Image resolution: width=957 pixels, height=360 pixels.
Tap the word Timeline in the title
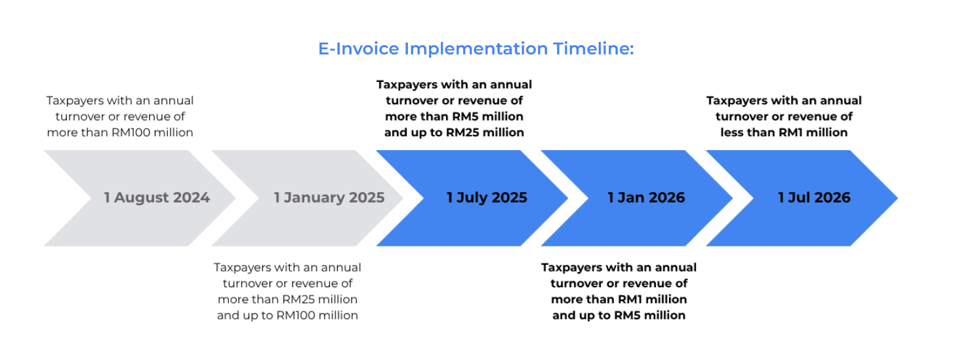[x=594, y=49]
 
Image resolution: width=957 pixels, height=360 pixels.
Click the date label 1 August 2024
[x=157, y=198]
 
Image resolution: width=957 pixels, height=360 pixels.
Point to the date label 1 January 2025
[x=329, y=198]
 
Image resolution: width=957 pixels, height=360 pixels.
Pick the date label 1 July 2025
[x=487, y=198]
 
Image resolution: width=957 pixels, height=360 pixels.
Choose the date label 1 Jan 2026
[x=646, y=198]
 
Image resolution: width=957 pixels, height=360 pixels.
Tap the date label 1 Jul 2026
[x=814, y=198]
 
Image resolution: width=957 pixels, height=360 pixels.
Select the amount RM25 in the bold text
[x=462, y=133]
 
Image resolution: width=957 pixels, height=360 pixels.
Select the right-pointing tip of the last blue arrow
[x=897, y=198]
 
